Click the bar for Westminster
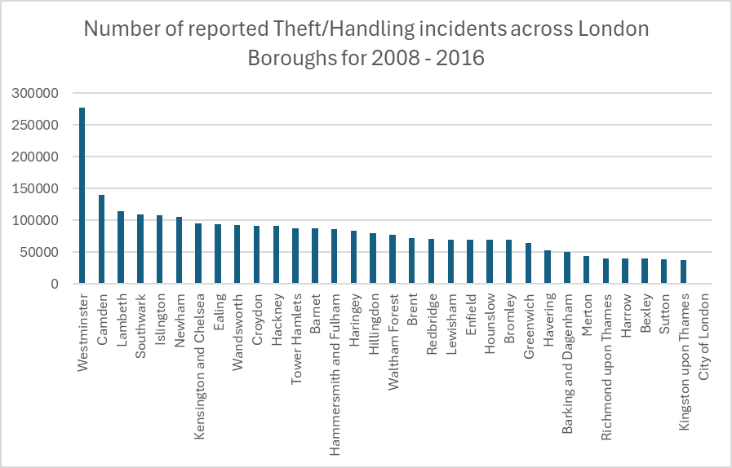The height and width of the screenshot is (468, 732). coord(82,196)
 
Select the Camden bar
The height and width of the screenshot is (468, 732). coord(101,240)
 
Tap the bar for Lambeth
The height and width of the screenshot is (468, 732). coord(121,248)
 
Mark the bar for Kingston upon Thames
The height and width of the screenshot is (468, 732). coord(684,272)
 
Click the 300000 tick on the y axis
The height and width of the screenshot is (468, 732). coord(37,94)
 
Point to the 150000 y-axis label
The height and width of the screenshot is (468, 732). coord(37,189)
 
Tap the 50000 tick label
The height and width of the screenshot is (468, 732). coord(40,253)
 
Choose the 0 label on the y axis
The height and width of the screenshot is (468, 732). coord(55,285)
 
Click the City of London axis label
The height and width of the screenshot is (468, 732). coord(703,331)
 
